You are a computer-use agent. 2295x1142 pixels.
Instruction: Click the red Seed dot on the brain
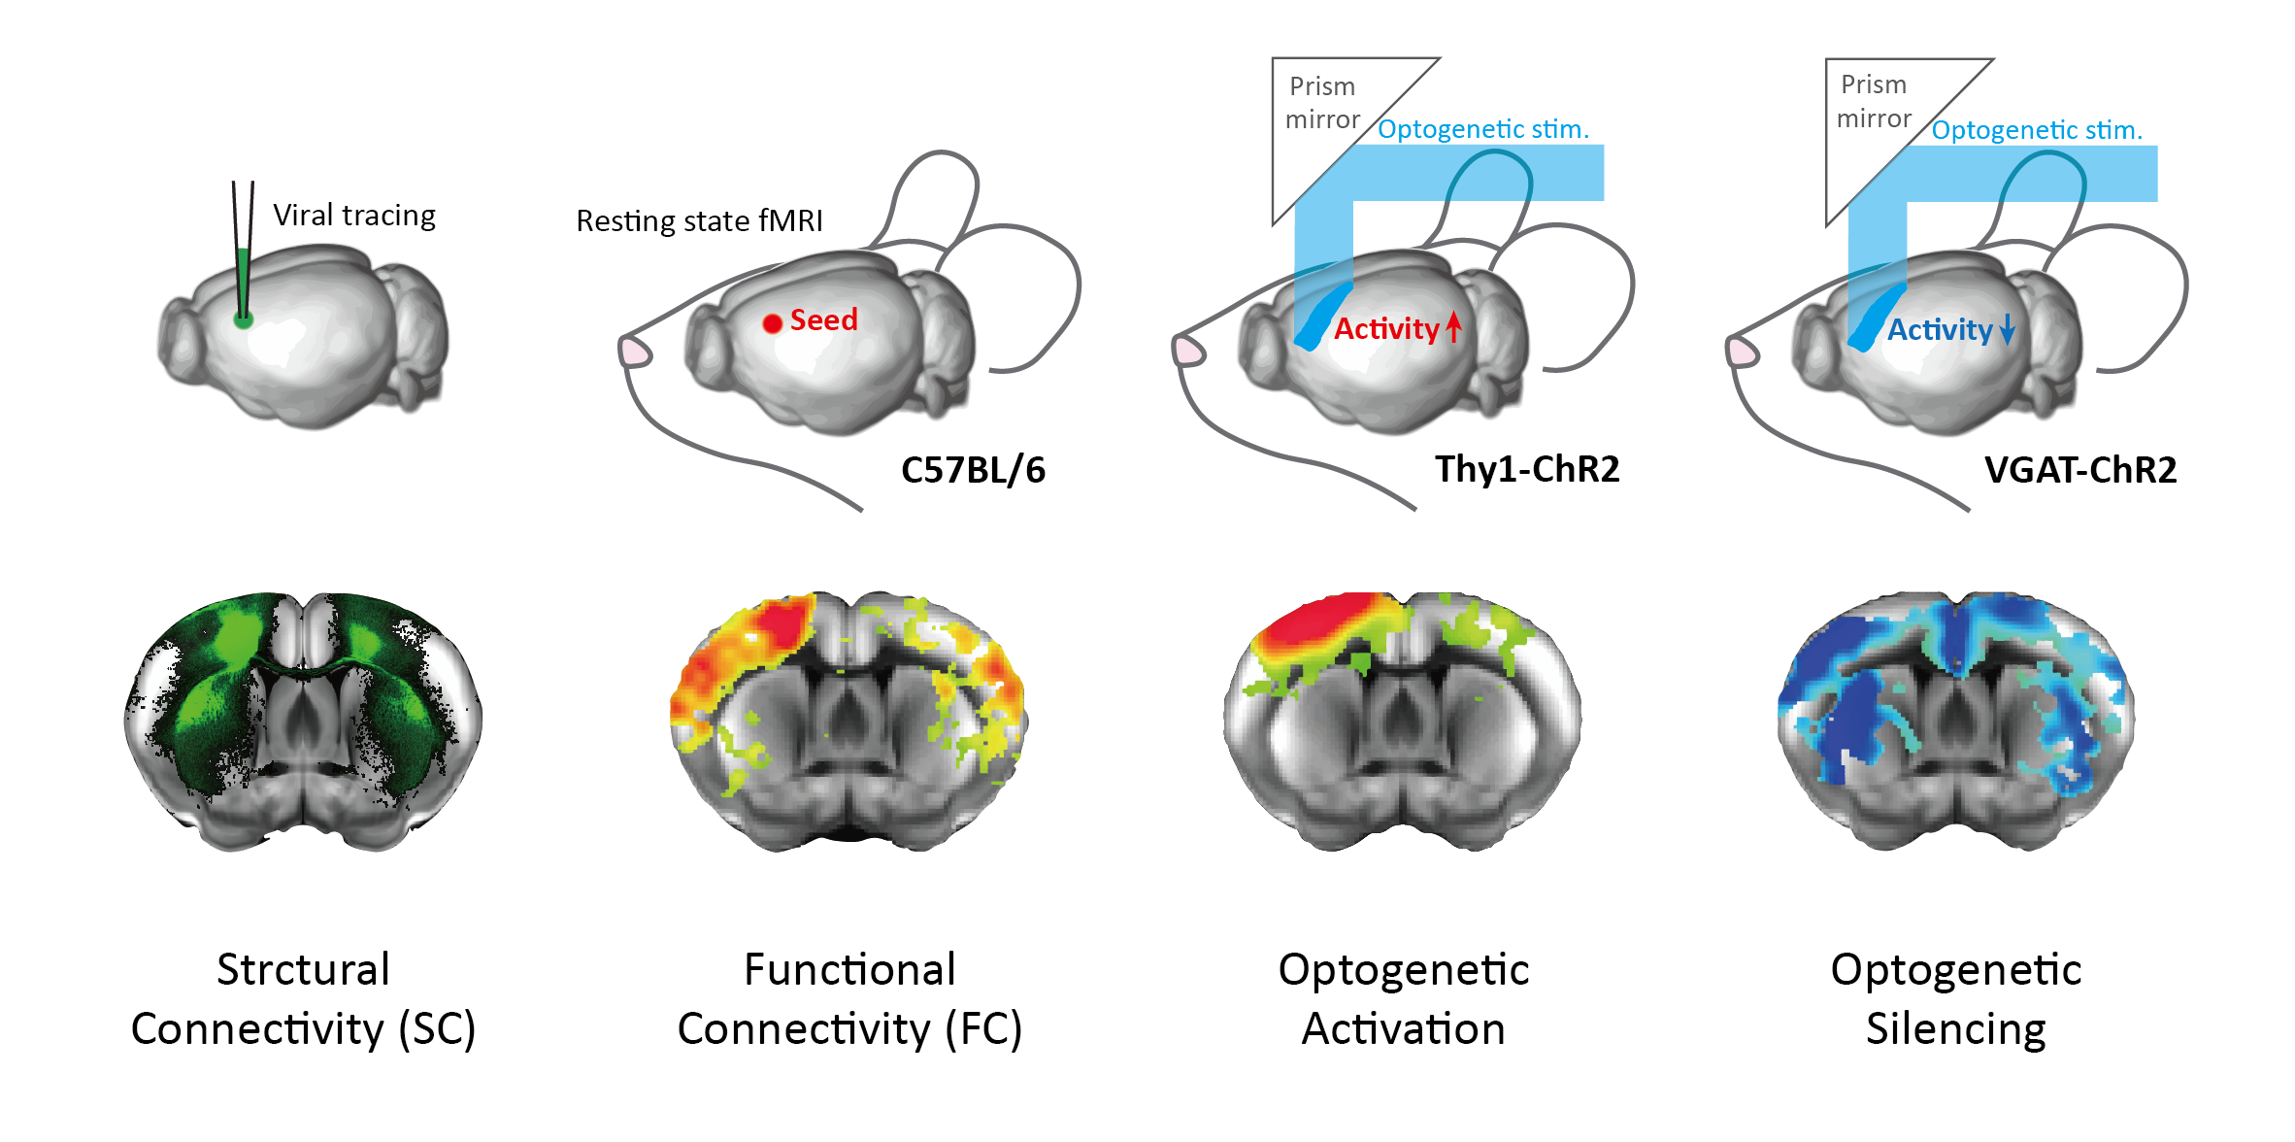pos(772,323)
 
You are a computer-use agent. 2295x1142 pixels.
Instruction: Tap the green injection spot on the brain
pos(243,319)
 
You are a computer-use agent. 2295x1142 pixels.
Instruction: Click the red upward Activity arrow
pos(1453,327)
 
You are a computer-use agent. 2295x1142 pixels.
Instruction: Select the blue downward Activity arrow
pos(2007,330)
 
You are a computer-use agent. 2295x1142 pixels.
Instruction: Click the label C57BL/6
pos(973,470)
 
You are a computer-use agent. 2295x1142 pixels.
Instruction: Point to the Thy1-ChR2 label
pos(1527,469)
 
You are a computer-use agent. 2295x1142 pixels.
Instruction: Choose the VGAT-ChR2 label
pos(2080,470)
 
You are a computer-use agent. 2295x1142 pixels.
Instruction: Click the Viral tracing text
pos(354,216)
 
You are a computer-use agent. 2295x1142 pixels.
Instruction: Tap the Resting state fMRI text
pos(699,221)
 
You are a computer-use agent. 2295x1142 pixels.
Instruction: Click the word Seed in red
pos(823,319)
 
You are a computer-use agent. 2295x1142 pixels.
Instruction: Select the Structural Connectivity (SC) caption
pos(303,999)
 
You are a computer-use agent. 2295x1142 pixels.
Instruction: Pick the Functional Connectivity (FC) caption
pos(849,999)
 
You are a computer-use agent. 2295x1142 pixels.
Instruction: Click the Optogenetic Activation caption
pos(1403,999)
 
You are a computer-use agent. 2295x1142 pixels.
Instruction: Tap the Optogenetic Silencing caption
pos(1956,999)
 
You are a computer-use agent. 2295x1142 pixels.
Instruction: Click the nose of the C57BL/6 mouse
pos(635,352)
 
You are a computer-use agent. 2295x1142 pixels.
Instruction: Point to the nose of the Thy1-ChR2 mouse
pos(1188,351)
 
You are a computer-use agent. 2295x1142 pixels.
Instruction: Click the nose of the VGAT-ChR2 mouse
pos(1742,352)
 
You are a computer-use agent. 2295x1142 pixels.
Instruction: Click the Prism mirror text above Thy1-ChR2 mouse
pos(1322,103)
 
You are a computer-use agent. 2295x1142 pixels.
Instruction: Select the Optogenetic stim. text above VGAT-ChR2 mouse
pos(2037,130)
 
